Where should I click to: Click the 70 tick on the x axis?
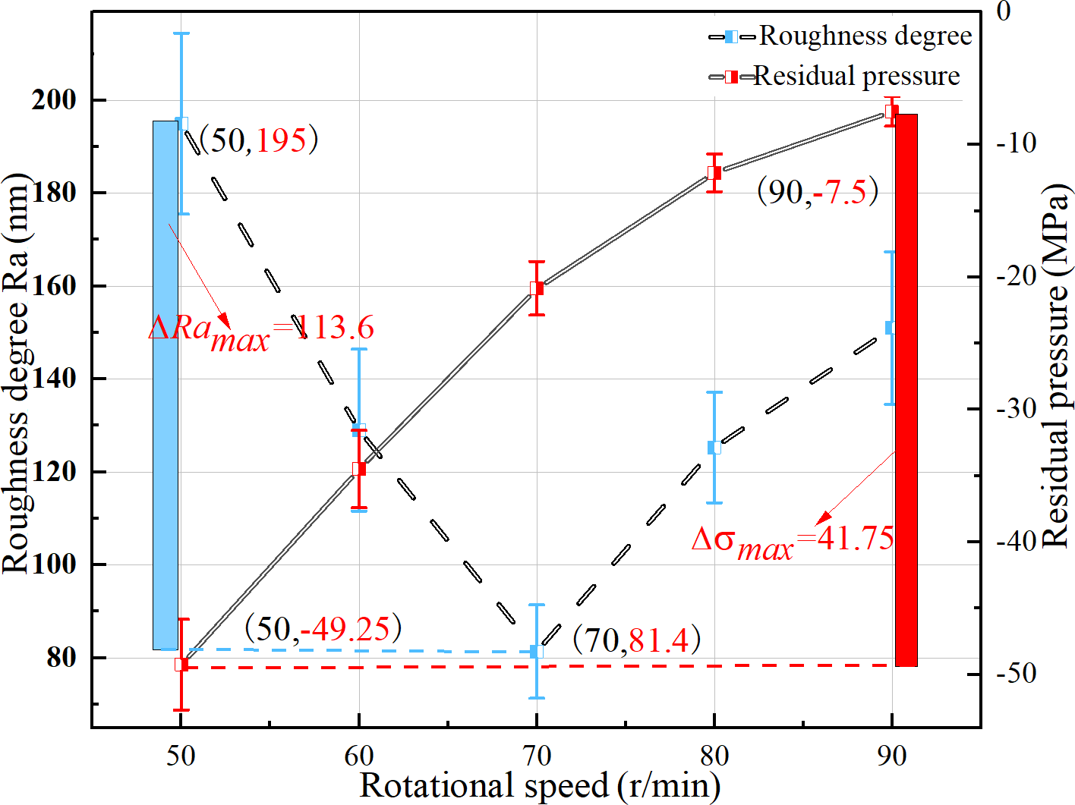536,756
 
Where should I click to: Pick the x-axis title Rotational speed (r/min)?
540,785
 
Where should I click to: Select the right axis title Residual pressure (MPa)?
1055,366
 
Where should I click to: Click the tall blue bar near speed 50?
166,385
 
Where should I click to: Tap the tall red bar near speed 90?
906,390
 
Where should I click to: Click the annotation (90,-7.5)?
818,191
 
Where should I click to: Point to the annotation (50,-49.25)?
323,628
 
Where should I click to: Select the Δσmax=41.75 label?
793,541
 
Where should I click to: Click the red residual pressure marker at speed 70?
537,288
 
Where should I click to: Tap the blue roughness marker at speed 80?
714,448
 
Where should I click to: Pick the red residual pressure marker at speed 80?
714,173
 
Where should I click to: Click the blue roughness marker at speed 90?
891,328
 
